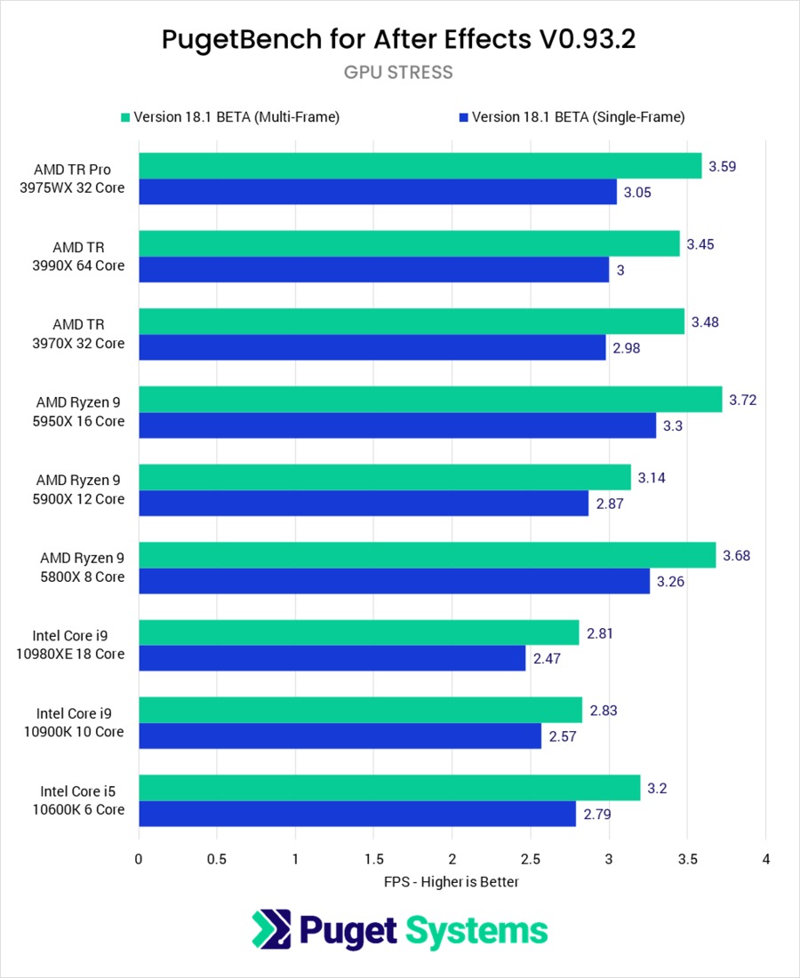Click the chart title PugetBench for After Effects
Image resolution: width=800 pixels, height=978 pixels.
click(398, 40)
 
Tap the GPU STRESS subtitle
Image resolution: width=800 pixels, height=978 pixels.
click(398, 72)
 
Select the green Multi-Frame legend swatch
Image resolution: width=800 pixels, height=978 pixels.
click(125, 117)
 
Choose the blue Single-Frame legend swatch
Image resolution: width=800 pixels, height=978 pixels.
click(464, 117)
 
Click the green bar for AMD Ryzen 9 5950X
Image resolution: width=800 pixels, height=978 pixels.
click(430, 400)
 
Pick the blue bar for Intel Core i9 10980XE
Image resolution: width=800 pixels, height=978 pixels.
click(332, 658)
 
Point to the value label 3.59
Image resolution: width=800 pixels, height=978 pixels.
click(723, 166)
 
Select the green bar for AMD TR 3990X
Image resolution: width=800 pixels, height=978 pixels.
click(409, 244)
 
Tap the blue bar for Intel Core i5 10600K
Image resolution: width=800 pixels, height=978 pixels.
click(357, 814)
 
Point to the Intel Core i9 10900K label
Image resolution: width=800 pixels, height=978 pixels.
click(80, 722)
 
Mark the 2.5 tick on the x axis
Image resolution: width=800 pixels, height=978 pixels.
click(531, 859)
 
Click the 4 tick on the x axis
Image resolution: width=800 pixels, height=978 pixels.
click(765, 859)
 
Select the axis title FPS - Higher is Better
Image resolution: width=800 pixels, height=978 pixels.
click(451, 882)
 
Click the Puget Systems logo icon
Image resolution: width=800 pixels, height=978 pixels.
click(271, 930)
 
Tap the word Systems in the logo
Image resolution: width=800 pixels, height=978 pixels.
click(476, 931)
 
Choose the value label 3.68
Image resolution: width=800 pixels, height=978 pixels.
click(737, 555)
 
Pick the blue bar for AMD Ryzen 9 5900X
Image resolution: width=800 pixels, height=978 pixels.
click(363, 503)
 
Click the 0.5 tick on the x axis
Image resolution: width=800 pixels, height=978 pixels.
click(216, 859)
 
